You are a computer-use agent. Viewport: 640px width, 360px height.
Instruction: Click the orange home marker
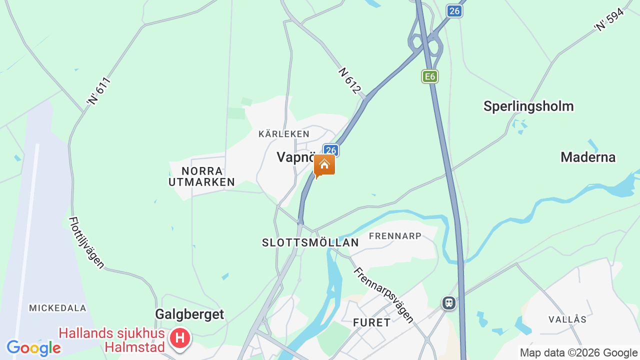click(324, 165)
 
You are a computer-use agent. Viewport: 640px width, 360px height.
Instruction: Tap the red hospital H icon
click(180, 338)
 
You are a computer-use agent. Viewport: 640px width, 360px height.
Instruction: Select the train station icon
click(449, 302)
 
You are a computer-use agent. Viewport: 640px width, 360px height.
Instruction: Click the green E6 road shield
click(429, 76)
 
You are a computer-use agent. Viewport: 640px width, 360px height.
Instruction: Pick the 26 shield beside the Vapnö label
click(330, 150)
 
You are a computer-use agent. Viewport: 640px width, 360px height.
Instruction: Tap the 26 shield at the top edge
click(454, 11)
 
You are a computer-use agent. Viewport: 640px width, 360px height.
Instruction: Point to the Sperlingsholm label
click(528, 106)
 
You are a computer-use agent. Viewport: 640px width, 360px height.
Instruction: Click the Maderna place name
click(588, 157)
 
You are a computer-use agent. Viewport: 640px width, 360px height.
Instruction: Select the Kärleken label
click(284, 134)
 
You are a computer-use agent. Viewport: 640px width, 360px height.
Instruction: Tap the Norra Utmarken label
click(201, 176)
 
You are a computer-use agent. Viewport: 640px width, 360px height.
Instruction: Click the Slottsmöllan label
click(310, 242)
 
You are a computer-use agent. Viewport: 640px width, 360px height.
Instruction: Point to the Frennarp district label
click(395, 235)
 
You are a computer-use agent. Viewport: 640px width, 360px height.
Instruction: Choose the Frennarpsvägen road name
click(384, 294)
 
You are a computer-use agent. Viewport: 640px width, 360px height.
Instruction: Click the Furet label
click(372, 322)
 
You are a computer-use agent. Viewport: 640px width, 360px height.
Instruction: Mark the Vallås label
click(567, 319)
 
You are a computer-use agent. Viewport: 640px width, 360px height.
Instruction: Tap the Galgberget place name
click(189, 314)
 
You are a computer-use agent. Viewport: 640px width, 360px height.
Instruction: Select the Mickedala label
click(57, 308)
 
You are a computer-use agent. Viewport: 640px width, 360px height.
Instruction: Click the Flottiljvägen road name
click(86, 242)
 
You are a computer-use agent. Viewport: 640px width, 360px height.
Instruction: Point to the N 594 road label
click(609, 19)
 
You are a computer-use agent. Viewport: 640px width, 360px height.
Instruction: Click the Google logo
click(33, 348)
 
